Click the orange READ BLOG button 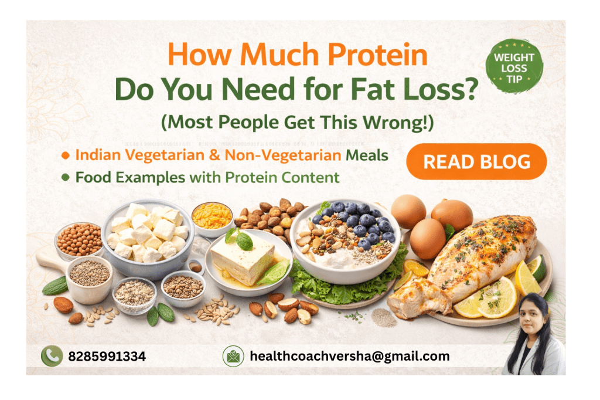coord(476,161)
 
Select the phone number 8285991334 coord(107,357)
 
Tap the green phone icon coord(51,357)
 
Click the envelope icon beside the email coord(233,357)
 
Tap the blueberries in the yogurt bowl coord(354,223)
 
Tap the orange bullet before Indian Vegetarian coord(66,156)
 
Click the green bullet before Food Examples coord(66,177)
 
